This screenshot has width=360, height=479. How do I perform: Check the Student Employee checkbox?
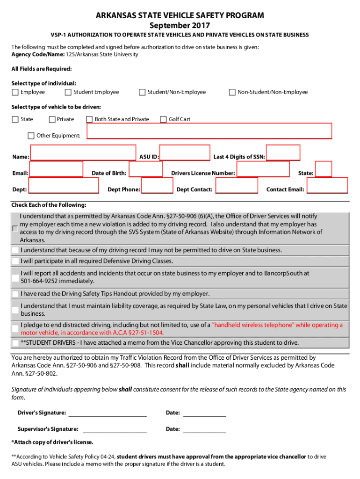68,92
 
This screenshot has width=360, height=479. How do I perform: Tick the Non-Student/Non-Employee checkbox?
232,92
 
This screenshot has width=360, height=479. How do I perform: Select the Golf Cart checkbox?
163,119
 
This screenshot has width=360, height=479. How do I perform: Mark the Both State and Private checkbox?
89,119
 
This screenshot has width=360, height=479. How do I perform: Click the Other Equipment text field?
209,131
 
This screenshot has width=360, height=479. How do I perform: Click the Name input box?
83,153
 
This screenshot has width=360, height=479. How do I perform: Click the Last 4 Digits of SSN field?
283,153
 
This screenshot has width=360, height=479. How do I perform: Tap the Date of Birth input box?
145,169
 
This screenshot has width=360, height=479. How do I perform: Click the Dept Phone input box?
157,186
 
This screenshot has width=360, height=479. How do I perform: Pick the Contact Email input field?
326,185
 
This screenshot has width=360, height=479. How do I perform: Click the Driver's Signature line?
108,413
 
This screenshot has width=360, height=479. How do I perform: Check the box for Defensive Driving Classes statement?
15,261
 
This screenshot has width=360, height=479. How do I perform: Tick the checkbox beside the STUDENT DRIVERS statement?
15,343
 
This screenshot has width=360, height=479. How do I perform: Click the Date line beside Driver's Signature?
204,413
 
